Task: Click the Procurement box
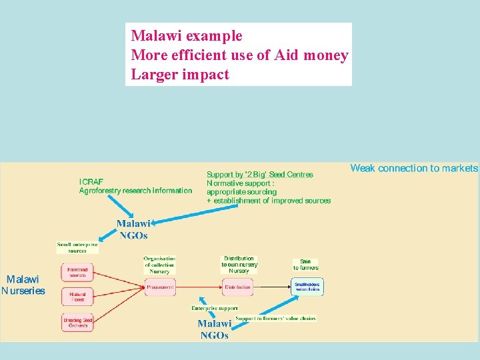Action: (x=160, y=287)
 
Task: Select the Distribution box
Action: (x=237, y=287)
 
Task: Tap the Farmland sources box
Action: (x=78, y=273)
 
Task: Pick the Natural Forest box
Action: (x=78, y=297)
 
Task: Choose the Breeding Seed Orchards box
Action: (x=78, y=323)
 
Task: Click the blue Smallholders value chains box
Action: (x=307, y=287)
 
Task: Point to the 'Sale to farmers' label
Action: (x=305, y=265)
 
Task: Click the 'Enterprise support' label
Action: (x=214, y=308)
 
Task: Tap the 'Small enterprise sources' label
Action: (x=77, y=247)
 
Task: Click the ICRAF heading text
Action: (x=91, y=181)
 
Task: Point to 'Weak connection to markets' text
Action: (x=414, y=168)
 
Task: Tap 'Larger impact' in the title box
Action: (x=180, y=74)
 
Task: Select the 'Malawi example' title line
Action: (x=187, y=36)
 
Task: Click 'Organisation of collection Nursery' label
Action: (x=159, y=265)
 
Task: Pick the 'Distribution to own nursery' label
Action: (x=239, y=265)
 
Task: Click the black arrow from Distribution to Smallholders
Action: (x=272, y=287)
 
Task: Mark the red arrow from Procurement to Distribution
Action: (x=199, y=287)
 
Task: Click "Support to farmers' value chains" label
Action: (x=275, y=319)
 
